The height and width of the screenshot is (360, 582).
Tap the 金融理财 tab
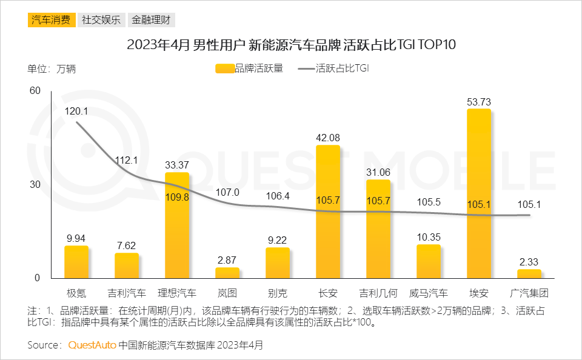tap(151, 19)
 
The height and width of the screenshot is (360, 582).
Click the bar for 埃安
tap(478, 194)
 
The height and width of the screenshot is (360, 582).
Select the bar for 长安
tap(328, 212)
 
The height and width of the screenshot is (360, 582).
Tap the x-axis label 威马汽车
tap(429, 294)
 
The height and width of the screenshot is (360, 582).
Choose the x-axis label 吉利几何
tap(378, 294)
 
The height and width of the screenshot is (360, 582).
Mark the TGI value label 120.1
tap(76, 111)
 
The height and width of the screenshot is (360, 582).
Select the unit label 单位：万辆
tap(52, 68)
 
